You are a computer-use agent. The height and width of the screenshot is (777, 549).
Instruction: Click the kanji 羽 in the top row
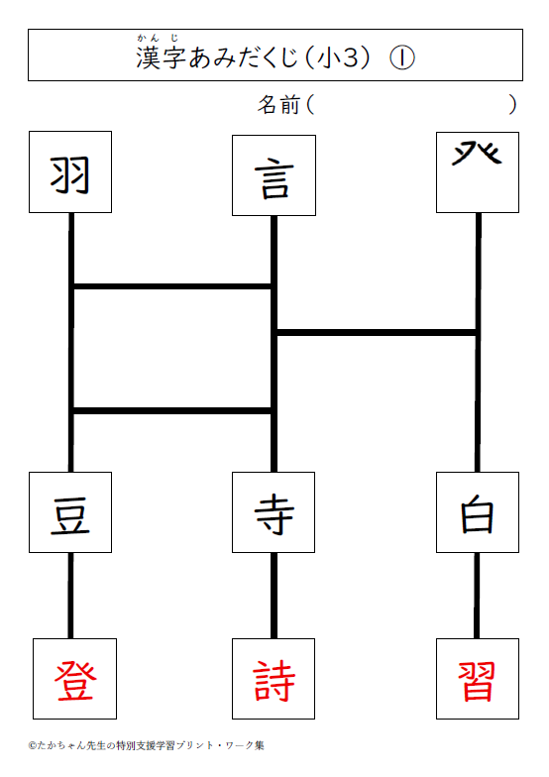coord(69,174)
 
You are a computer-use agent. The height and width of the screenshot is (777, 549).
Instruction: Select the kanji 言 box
coord(274,175)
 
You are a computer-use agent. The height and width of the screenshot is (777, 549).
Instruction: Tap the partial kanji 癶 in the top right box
coord(477,153)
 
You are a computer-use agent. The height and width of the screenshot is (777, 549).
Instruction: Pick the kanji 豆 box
coord(70,512)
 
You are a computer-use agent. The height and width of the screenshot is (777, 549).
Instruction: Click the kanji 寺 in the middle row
coord(274,515)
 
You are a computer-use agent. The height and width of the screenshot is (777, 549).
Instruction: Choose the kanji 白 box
coord(478,512)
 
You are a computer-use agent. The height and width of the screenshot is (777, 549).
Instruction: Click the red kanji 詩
coord(274,681)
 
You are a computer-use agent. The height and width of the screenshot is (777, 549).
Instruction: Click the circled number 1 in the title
coord(402,58)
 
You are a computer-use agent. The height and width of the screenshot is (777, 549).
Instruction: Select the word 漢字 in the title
coord(161,57)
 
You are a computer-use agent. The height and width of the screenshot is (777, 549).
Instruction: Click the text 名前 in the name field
coord(278,105)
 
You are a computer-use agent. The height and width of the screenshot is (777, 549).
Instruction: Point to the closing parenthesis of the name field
coord(513,105)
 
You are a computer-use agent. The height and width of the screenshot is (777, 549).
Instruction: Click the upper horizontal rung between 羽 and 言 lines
coord(172,286)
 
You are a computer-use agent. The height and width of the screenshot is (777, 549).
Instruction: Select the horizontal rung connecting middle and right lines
coord(377,332)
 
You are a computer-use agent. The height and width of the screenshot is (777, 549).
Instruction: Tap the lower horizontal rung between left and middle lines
coord(172,410)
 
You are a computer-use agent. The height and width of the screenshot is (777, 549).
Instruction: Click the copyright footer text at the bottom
coord(147,745)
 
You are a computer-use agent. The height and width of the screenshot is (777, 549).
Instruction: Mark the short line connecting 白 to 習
coord(477,596)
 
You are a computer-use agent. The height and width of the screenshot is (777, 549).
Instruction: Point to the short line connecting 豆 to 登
coord(70,596)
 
